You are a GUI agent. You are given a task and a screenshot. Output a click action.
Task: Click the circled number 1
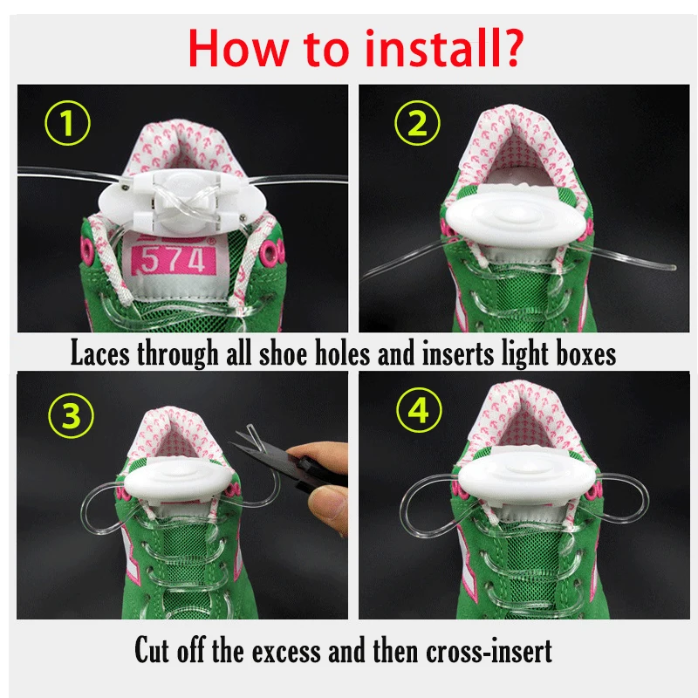tap(68, 123)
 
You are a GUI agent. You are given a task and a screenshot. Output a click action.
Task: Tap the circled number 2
tap(418, 123)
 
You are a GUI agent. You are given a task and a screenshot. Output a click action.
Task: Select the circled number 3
tap(72, 416)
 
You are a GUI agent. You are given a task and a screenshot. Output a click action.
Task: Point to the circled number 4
tap(419, 409)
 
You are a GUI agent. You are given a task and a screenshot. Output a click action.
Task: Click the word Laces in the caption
tap(100, 354)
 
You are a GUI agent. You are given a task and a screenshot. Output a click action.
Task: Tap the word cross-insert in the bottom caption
tap(489, 651)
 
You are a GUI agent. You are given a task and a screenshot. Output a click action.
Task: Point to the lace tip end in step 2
tap(674, 268)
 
